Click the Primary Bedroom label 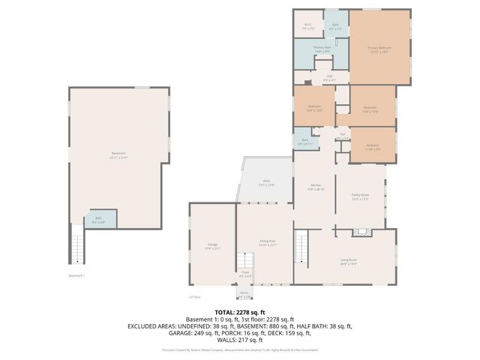point(379,49)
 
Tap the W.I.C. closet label point(308,26)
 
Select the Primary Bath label point(322,49)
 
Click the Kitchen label point(316,187)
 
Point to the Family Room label point(361,196)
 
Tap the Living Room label point(348,262)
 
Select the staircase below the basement point(78,244)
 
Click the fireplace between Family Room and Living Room point(363,233)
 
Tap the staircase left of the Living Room point(301,244)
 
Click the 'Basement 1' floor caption point(77,275)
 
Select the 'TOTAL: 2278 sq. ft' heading point(240,312)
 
